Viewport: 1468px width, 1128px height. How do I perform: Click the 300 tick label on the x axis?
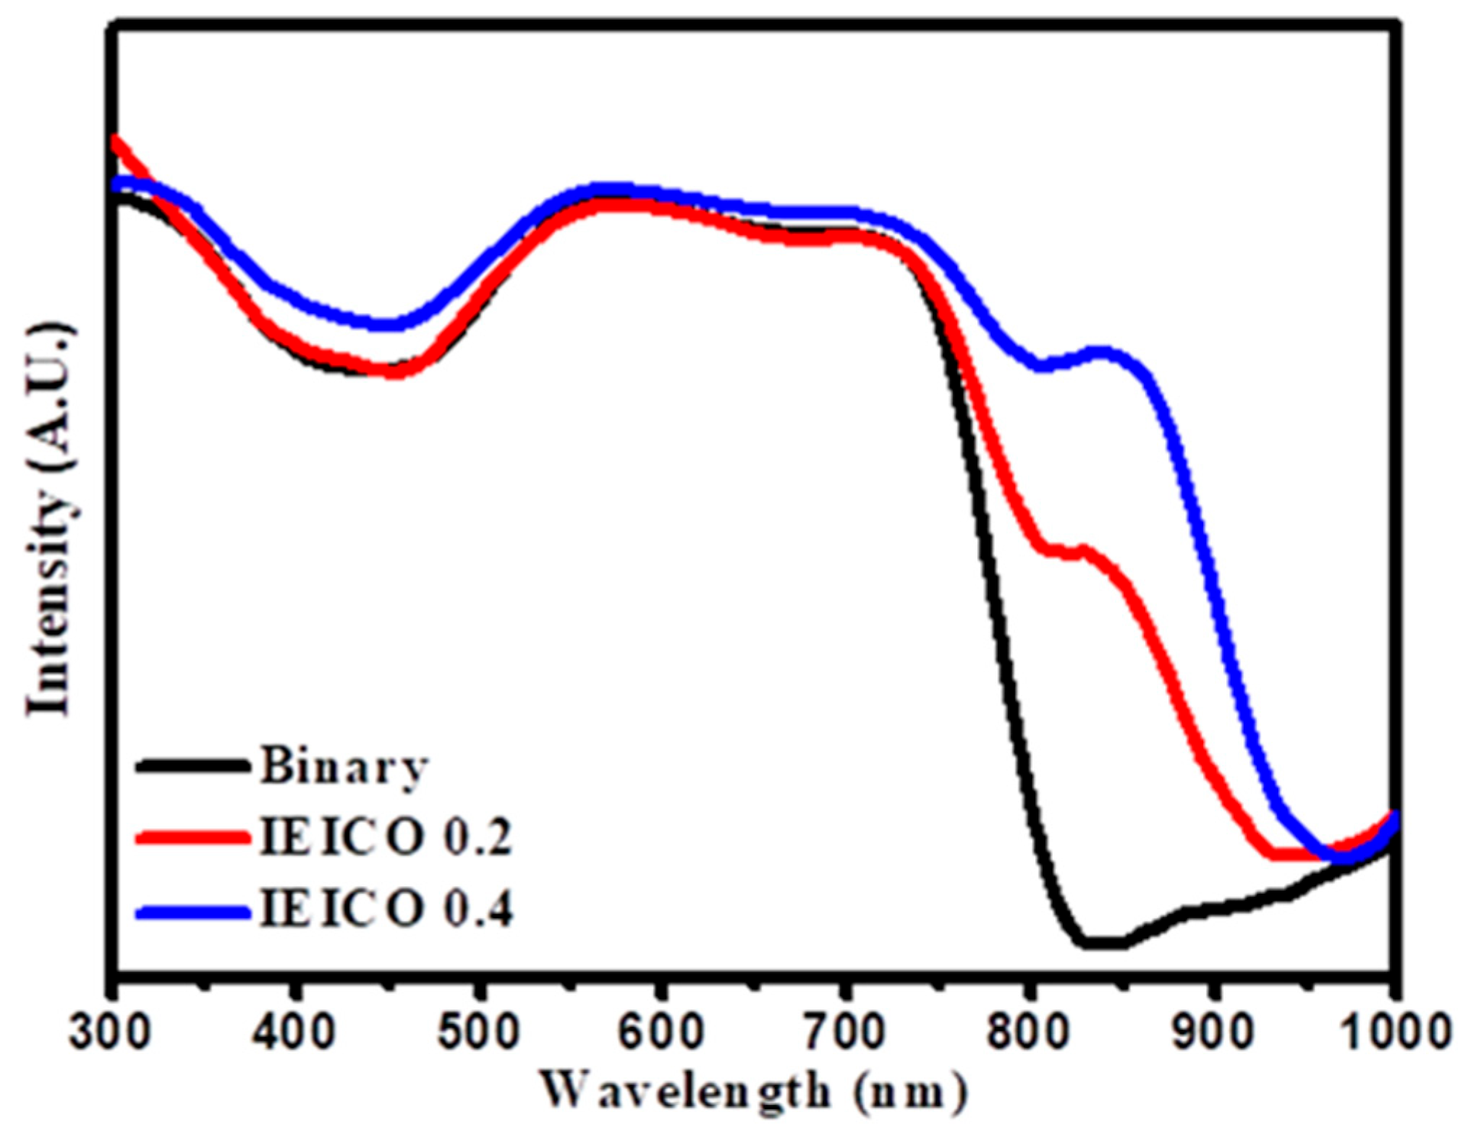click(x=110, y=1033)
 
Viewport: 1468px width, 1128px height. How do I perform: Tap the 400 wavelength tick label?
click(x=293, y=1033)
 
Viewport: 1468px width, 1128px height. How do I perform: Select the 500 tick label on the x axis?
click(x=478, y=1033)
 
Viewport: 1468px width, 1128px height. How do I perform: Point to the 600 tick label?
click(x=661, y=1033)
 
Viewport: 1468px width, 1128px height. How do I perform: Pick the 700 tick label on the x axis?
click(x=844, y=1033)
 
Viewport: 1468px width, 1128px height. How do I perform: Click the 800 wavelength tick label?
click(x=1027, y=1033)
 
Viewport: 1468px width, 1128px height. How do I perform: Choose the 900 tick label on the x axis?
click(x=1210, y=1033)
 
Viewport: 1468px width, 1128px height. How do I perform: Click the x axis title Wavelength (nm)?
click(x=752, y=1092)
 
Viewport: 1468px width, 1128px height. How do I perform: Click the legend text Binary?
click(x=344, y=766)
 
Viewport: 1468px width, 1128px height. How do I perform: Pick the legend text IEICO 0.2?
click(x=386, y=837)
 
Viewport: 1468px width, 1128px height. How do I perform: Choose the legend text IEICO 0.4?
click(x=386, y=909)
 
